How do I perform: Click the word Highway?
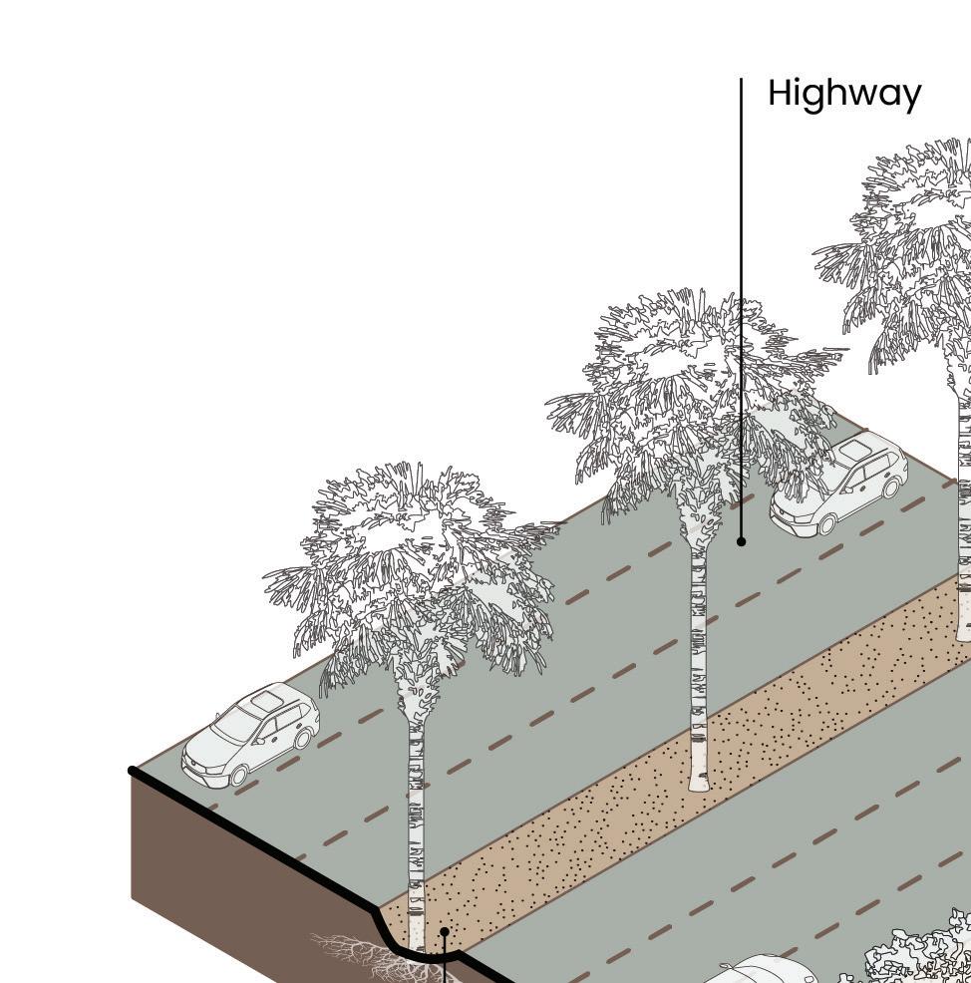pyautogui.click(x=844, y=94)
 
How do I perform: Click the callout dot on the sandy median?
pyautogui.click(x=445, y=931)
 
